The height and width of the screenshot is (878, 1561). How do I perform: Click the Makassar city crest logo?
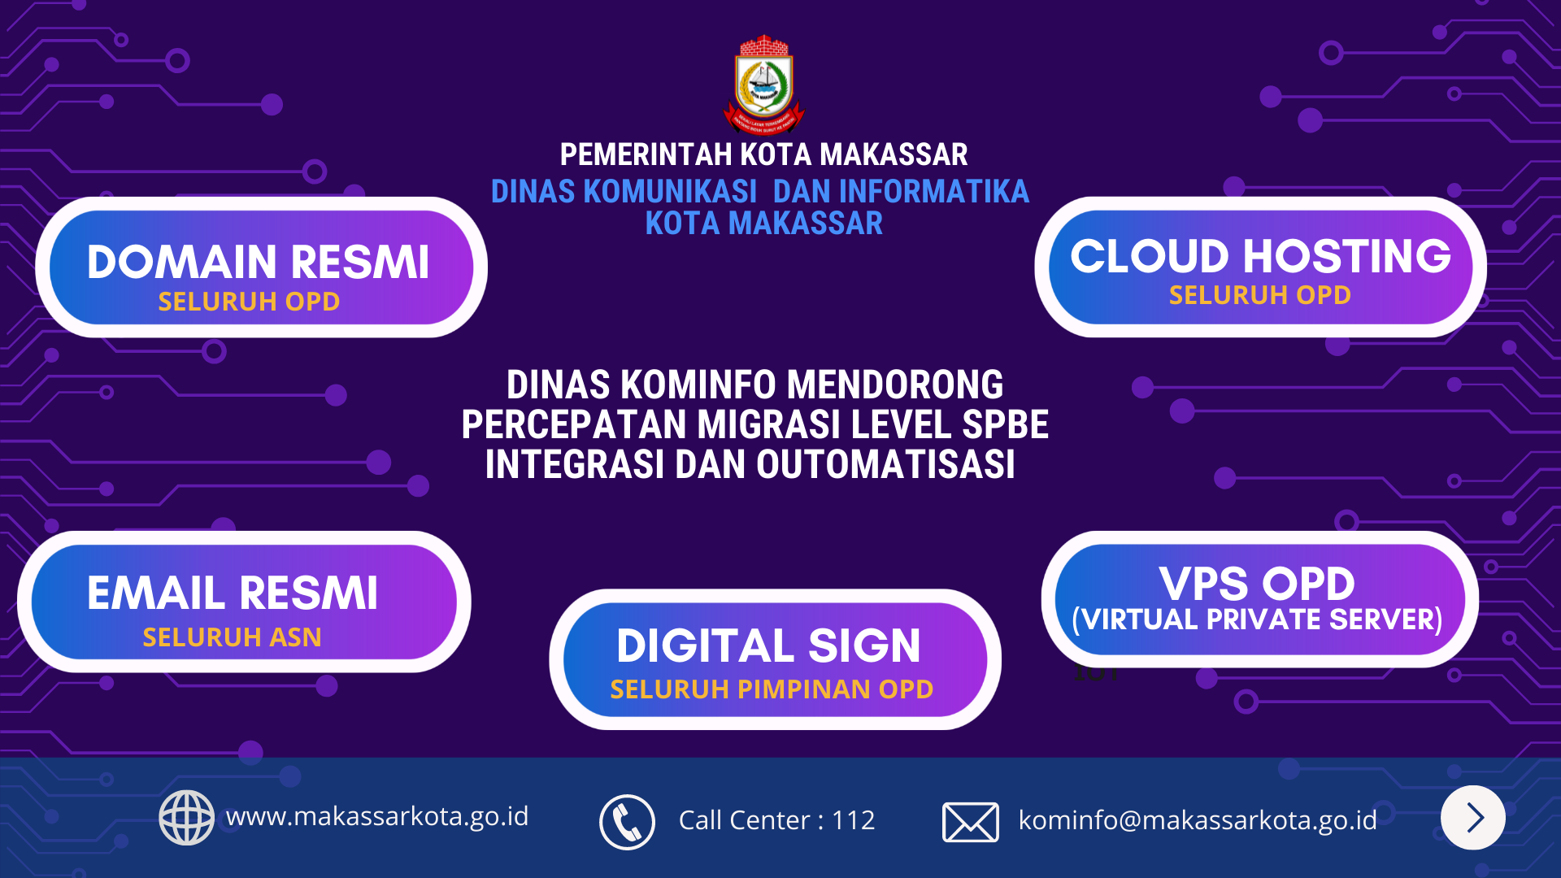coord(763,84)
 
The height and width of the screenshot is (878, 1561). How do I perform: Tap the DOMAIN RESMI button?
coord(261,267)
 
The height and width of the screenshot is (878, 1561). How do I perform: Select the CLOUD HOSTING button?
coord(1260,267)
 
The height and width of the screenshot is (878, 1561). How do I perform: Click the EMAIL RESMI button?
coord(244,602)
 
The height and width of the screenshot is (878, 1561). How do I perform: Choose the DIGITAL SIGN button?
coord(775,659)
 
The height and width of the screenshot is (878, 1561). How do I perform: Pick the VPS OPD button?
coord(1259,599)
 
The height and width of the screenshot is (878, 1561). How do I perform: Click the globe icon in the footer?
coord(186,818)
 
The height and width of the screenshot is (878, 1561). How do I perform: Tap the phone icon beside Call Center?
coord(627,822)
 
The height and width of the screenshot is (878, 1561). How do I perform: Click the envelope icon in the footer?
coord(971,822)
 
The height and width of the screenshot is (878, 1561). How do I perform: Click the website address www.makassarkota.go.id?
coord(377,816)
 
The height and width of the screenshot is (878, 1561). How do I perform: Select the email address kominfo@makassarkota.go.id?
coord(1198,820)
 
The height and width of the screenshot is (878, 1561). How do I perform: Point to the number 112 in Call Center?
coord(853,820)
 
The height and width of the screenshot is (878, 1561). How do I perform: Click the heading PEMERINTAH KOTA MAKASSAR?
coord(763,154)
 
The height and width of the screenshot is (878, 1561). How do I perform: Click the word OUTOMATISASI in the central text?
coord(885,465)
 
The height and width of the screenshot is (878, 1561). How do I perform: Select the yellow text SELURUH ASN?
coord(232,637)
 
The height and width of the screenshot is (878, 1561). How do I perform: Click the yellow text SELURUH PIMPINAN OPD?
coord(772,689)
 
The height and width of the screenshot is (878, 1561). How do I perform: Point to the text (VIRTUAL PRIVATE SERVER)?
coord(1257,619)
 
